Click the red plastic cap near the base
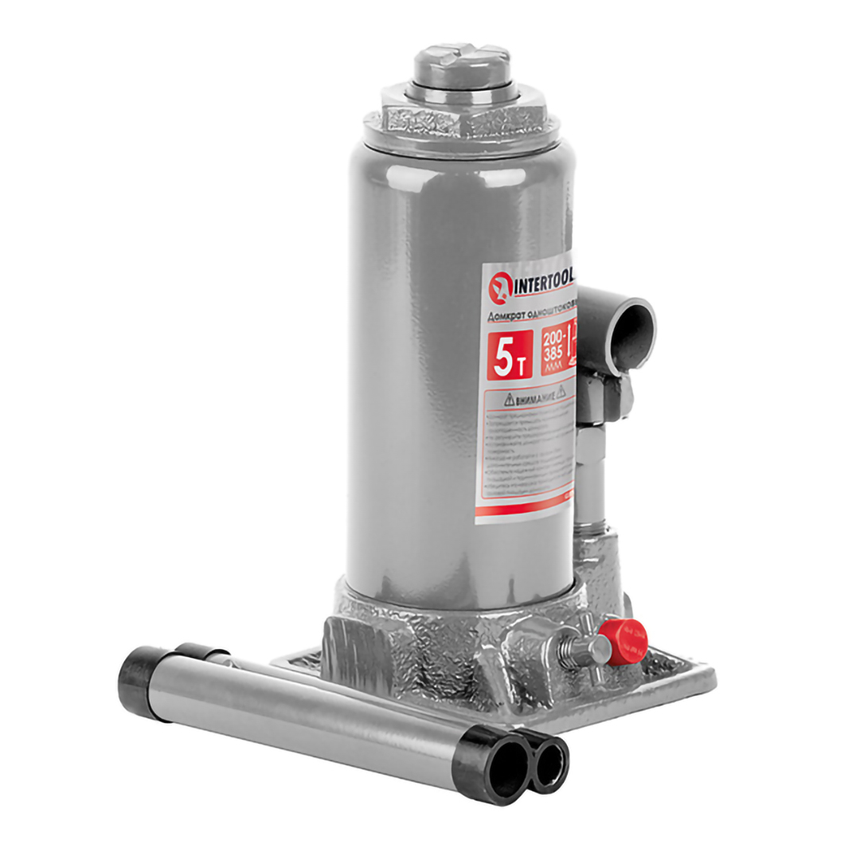point(623,637)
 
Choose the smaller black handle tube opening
point(549,763)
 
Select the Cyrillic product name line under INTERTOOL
point(530,315)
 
